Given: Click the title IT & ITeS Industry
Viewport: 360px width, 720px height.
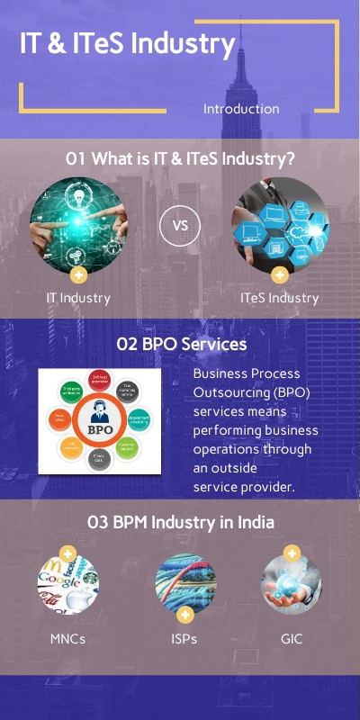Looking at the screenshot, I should pyautogui.click(x=128, y=44).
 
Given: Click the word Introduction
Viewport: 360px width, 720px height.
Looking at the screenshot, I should pyautogui.click(x=241, y=109).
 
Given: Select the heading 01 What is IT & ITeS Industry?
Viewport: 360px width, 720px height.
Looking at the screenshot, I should pyautogui.click(x=181, y=158).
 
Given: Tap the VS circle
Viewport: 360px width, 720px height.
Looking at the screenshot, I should pyautogui.click(x=180, y=226).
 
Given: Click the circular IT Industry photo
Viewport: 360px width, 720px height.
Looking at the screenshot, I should pyautogui.click(x=78, y=225).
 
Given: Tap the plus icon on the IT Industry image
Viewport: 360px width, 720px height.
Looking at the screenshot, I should pyautogui.click(x=78, y=274).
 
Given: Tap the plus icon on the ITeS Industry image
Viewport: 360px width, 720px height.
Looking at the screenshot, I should pyautogui.click(x=280, y=274).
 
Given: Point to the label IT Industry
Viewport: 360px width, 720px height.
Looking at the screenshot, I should pyautogui.click(x=78, y=297).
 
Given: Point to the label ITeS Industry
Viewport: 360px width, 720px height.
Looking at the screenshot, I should pyautogui.click(x=280, y=297).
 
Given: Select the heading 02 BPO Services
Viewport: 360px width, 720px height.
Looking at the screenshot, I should pyautogui.click(x=181, y=344).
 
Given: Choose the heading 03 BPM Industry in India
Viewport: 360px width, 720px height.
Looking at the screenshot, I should pyautogui.click(x=181, y=522).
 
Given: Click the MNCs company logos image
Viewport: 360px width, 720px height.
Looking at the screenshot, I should pyautogui.click(x=67, y=586).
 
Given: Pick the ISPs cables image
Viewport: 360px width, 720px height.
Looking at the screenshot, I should pyautogui.click(x=185, y=583).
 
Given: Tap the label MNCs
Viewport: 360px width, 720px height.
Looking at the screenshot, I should pyautogui.click(x=67, y=639).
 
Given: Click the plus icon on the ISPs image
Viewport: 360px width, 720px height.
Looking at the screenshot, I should pyautogui.click(x=185, y=616).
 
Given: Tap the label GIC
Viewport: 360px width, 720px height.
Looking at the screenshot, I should pyautogui.click(x=292, y=639).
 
